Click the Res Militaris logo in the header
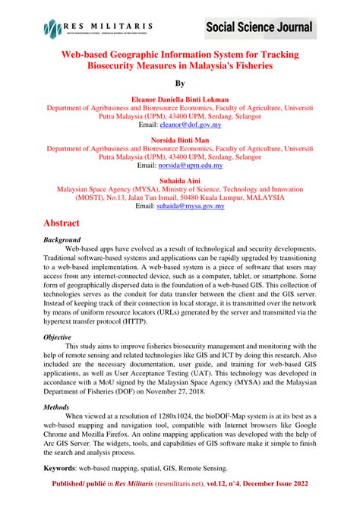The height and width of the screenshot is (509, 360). tap(99, 29)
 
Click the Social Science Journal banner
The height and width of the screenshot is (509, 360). tap(258, 29)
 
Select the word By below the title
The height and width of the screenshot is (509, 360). tap(180, 84)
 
